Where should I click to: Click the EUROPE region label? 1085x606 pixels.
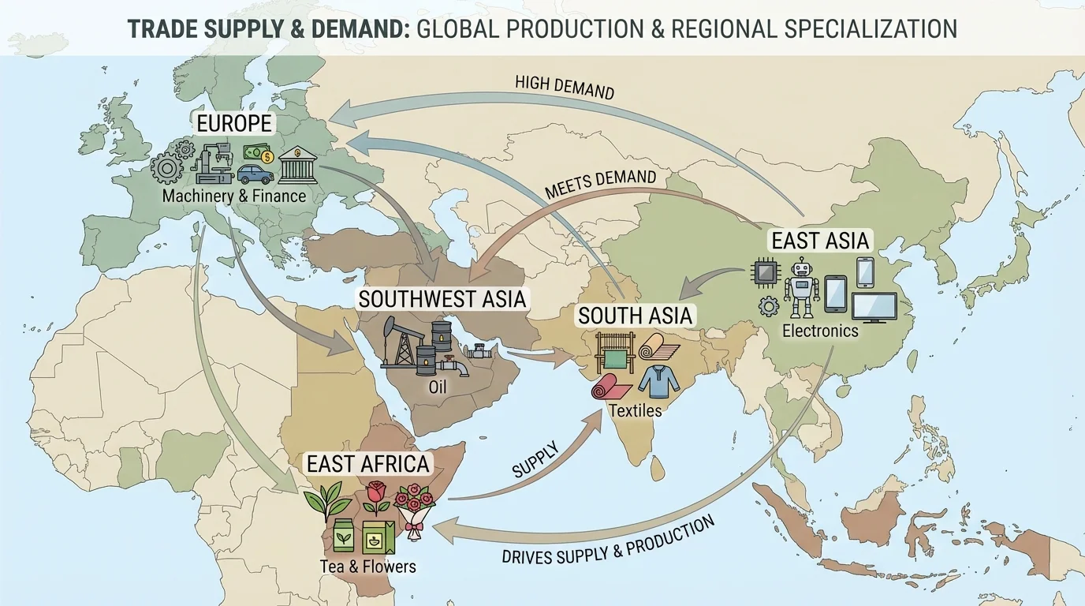click(234, 123)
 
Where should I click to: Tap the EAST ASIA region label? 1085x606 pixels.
click(820, 240)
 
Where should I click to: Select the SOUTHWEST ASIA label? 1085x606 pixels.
click(442, 299)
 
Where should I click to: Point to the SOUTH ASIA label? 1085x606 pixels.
click(635, 316)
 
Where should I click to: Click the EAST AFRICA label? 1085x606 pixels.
click(368, 463)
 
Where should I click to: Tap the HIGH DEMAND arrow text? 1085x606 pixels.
click(564, 87)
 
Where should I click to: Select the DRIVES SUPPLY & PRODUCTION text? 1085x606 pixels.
click(608, 541)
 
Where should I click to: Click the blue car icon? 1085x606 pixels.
click(255, 174)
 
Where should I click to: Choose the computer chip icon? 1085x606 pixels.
click(765, 273)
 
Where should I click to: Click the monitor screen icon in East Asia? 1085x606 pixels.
click(874, 306)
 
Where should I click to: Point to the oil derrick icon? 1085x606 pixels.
click(399, 344)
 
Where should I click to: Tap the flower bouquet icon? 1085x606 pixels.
click(413, 510)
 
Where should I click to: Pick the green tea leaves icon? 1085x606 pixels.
click(324, 498)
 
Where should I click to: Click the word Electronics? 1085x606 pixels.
click(820, 331)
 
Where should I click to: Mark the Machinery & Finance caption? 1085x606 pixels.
click(233, 196)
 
